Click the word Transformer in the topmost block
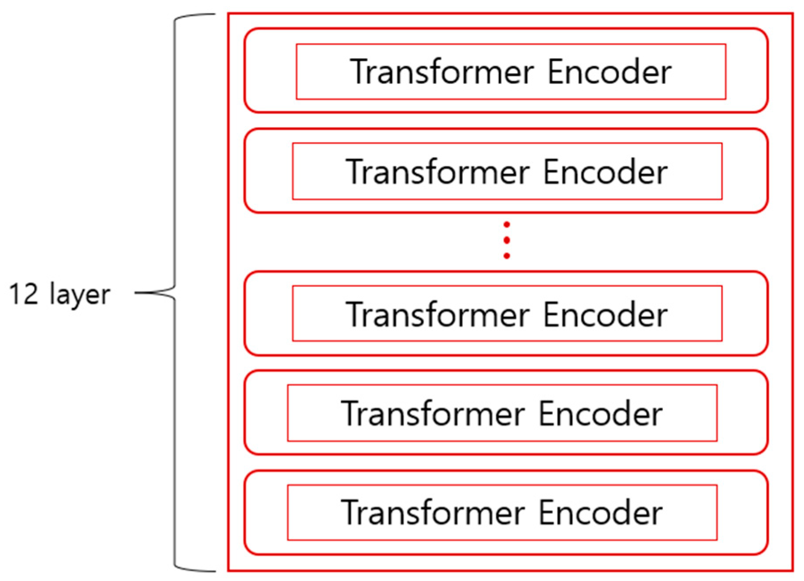click(442, 71)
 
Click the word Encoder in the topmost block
click(609, 71)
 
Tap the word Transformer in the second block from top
click(437, 172)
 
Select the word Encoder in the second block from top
click(605, 172)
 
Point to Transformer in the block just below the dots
click(437, 314)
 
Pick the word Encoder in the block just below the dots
click(605, 314)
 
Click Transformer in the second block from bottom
click(433, 413)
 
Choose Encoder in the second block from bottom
click(600, 413)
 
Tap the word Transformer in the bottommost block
click(433, 512)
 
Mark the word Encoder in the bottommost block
click(600, 512)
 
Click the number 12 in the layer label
click(24, 294)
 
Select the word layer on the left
click(80, 295)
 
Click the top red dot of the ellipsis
click(507, 225)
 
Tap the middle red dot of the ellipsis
click(507, 240)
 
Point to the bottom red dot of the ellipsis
click(507, 256)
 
